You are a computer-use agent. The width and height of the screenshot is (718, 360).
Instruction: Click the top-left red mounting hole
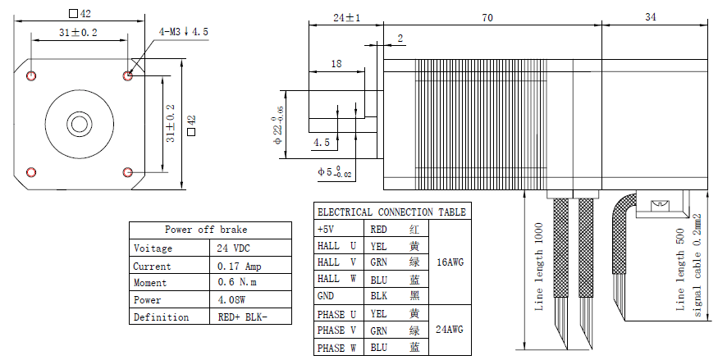[x=31, y=75]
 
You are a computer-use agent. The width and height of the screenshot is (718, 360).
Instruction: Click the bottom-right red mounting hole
[x=128, y=172]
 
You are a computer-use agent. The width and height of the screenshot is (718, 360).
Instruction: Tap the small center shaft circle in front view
[x=79, y=123]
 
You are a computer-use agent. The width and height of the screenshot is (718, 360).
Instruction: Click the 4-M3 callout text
[x=183, y=31]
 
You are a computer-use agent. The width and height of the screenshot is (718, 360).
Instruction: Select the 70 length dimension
[x=487, y=18]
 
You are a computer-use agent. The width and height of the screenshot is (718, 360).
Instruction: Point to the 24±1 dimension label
[x=346, y=18]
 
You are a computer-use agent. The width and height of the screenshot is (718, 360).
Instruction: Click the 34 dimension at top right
[x=650, y=17]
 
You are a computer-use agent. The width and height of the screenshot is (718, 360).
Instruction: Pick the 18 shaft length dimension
[x=336, y=64]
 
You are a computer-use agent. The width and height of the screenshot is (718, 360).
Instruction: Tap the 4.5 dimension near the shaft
[x=322, y=142]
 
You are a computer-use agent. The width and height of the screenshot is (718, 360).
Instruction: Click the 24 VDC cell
[x=232, y=248]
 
